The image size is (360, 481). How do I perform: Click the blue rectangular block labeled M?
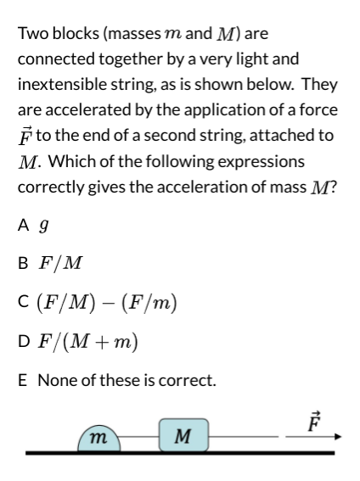(180, 436)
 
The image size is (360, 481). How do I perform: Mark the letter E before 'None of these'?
(23, 379)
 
